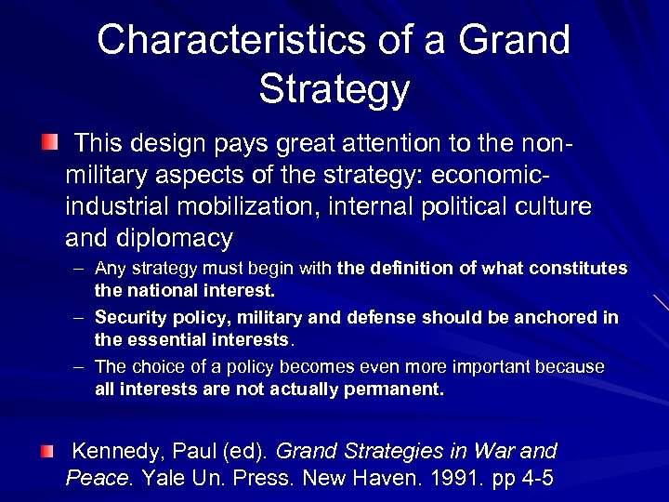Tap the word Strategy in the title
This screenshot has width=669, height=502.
tap(334, 89)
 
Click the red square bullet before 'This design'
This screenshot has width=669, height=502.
tap(47, 143)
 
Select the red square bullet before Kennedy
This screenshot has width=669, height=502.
tap(47, 452)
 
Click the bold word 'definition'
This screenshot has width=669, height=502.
tap(407, 269)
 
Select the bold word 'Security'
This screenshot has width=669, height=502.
tap(128, 318)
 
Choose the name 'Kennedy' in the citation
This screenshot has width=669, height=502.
tap(115, 452)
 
